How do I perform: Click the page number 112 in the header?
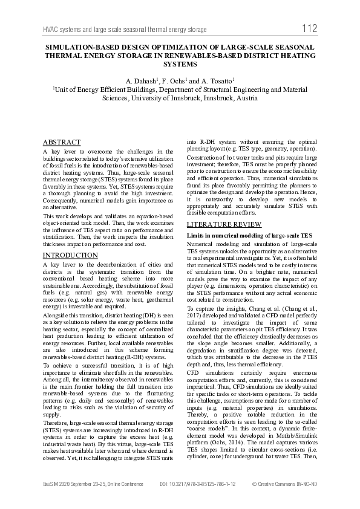point(309,28)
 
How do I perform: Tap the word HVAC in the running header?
point(53,30)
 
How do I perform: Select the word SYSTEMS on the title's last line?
point(180,63)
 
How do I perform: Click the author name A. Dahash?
point(140,80)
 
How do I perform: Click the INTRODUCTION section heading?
point(70,256)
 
